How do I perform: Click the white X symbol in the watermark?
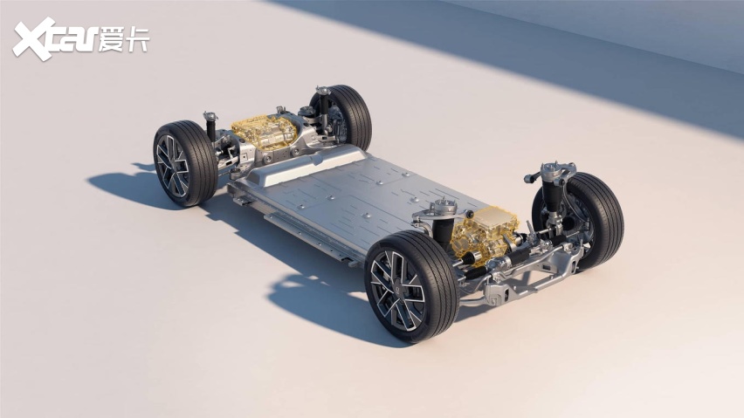pos(34,39)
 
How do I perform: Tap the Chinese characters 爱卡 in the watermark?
pos(124,40)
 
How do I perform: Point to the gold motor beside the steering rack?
pos(483,233)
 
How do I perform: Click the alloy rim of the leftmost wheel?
pos(172,167)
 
